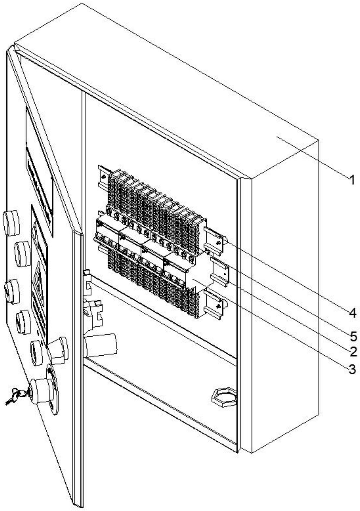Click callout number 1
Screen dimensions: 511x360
point(352,180)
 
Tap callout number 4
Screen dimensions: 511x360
point(352,313)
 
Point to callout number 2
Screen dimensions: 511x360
point(353,352)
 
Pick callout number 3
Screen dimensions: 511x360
point(352,369)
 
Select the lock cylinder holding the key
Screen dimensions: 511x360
point(41,391)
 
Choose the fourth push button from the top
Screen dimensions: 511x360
point(23,322)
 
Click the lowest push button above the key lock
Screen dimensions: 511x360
point(36,353)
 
